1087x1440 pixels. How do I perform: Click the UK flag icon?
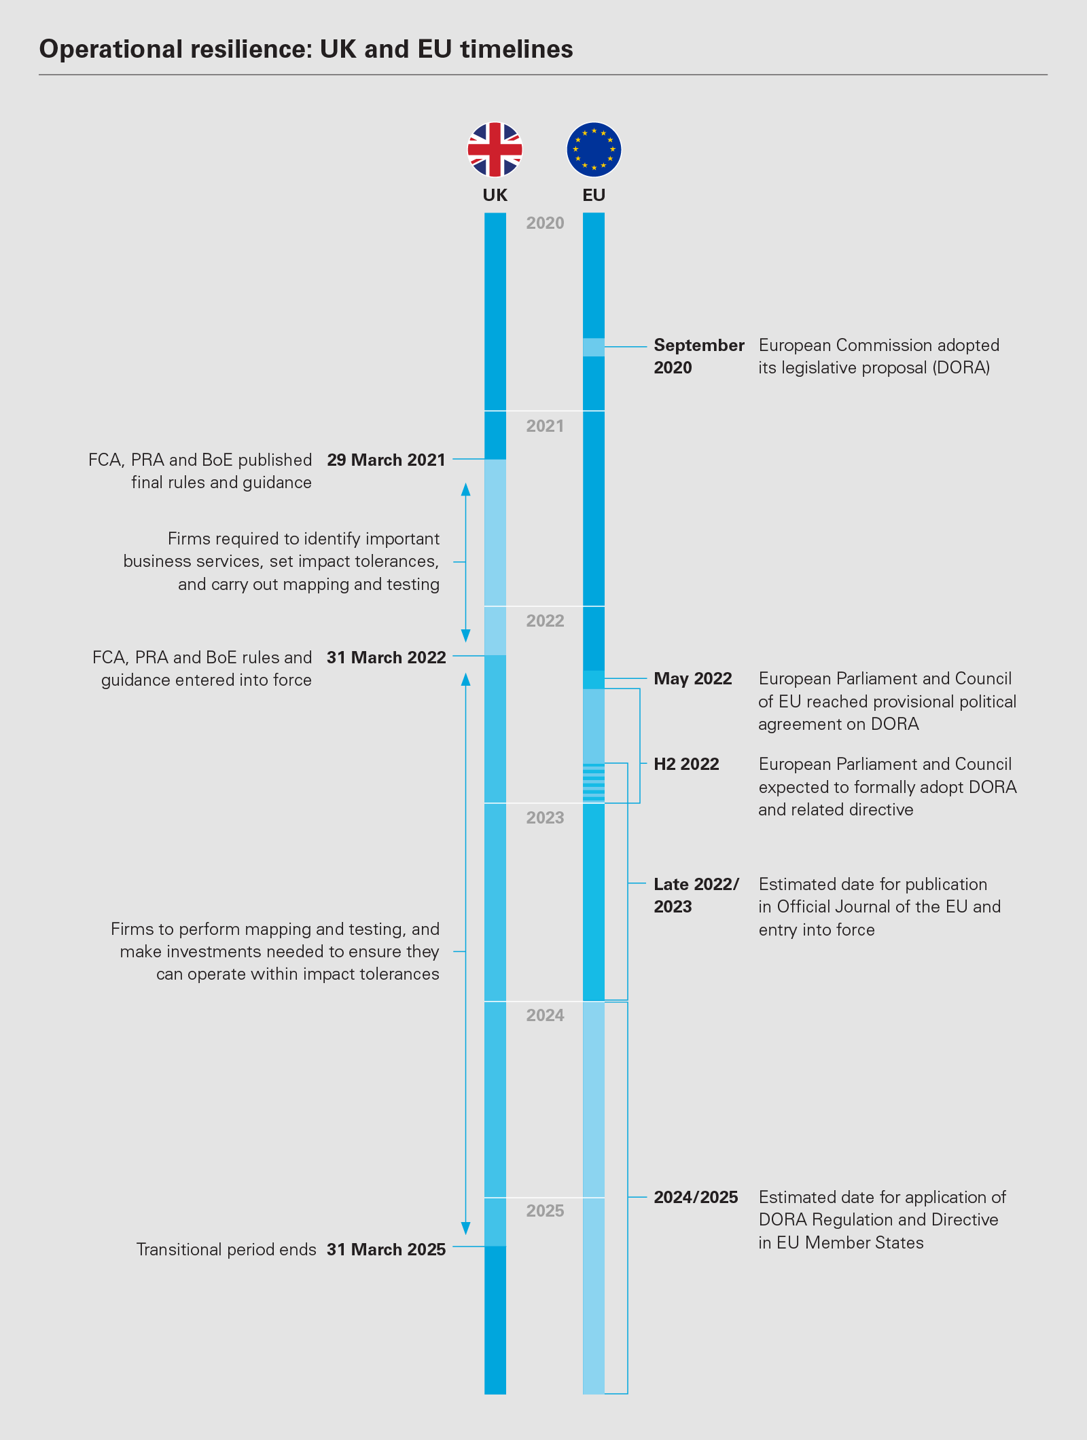click(x=495, y=149)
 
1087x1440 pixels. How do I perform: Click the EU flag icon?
click(x=594, y=149)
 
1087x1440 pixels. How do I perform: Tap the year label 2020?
click(x=545, y=223)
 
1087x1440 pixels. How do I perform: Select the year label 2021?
click(x=545, y=426)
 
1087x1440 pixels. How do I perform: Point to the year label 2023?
click(x=545, y=817)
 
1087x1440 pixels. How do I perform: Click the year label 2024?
click(x=545, y=1015)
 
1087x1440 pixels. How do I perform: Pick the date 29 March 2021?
click(x=386, y=460)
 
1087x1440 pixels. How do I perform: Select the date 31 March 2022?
click(x=386, y=658)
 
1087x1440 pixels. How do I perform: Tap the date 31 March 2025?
click(x=386, y=1250)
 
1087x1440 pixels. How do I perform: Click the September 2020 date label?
click(x=698, y=356)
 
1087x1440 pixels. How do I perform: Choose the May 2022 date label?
click(x=692, y=679)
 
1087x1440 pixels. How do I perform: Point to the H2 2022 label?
click(x=686, y=764)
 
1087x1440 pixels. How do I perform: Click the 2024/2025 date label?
click(x=696, y=1198)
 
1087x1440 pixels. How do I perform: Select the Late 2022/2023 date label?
click(x=696, y=896)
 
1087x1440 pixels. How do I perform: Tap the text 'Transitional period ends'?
click(x=226, y=1250)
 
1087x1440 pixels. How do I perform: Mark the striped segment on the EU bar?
click(x=594, y=783)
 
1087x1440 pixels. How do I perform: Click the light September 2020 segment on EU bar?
click(x=594, y=347)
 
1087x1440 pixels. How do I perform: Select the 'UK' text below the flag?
click(x=495, y=196)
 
